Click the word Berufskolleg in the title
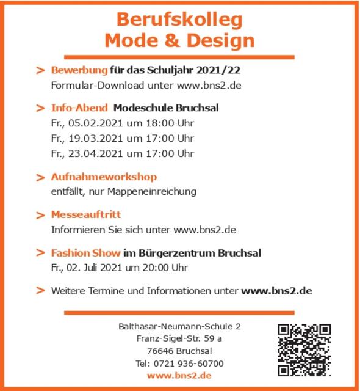[179, 20]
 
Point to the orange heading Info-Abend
[79, 108]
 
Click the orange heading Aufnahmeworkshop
[104, 177]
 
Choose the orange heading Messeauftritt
[86, 215]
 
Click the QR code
[304, 349]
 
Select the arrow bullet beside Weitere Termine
[41, 291]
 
